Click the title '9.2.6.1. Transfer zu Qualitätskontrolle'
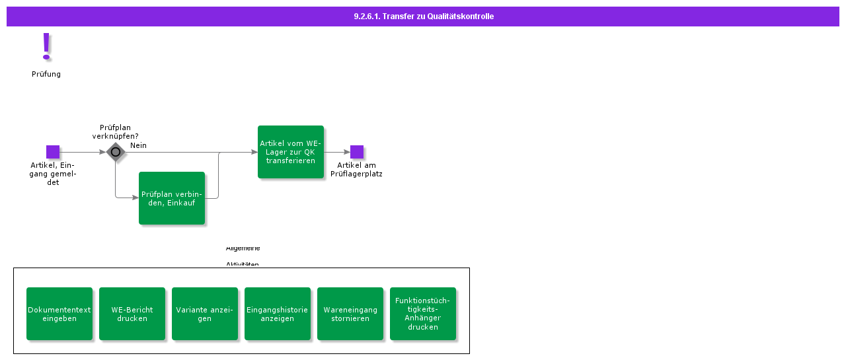(423, 17)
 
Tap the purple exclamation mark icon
(46, 47)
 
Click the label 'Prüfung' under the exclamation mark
(46, 74)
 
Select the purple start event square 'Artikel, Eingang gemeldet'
(53, 152)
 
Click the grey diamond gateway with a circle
(116, 152)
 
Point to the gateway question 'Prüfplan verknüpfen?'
(115, 131)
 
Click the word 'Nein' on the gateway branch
(138, 145)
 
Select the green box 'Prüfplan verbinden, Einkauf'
(172, 198)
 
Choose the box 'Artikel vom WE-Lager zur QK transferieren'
(291, 152)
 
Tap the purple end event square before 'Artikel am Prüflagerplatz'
(357, 152)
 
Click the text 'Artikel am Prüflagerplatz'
(356, 170)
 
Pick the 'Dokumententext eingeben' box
(59, 314)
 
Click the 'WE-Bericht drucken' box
(132, 314)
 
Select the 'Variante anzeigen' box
(205, 314)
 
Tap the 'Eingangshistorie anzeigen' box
(278, 314)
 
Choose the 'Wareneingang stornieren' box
(350, 314)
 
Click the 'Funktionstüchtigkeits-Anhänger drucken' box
(423, 314)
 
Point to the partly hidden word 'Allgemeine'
(243, 248)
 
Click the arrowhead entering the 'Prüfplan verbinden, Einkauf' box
(135, 198)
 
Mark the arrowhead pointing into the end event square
(347, 152)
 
